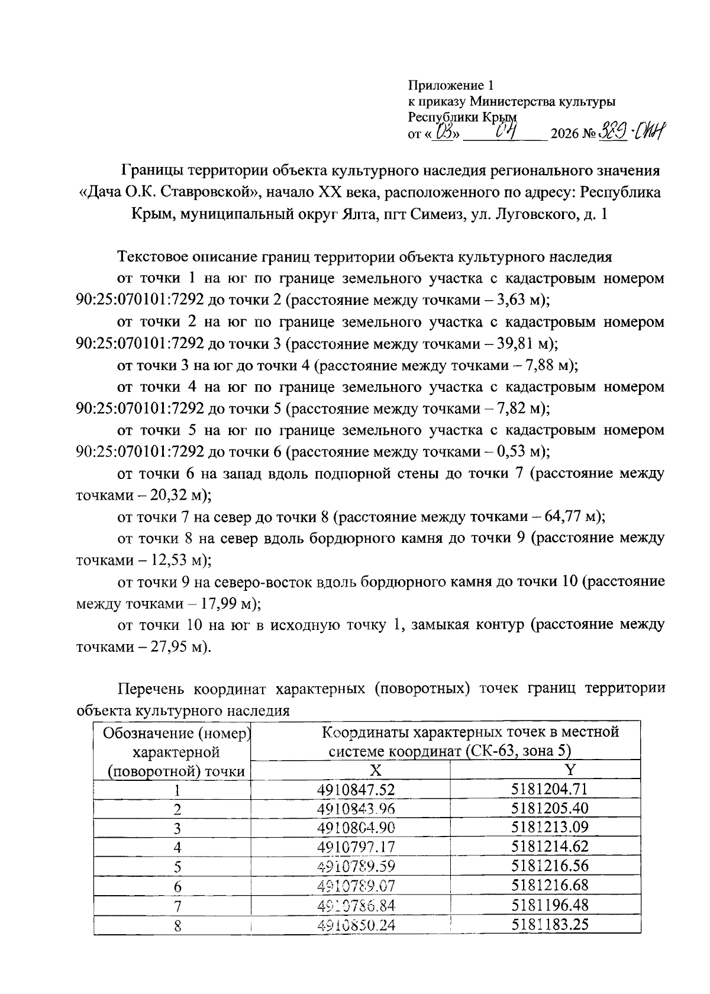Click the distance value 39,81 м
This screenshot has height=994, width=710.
pos(522,344)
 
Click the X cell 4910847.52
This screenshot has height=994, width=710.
pos(356,790)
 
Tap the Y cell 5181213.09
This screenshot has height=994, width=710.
pos(550,828)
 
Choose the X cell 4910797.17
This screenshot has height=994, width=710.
pos(356,847)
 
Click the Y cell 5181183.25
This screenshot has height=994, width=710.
pos(550,924)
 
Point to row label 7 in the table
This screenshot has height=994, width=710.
pos(177,906)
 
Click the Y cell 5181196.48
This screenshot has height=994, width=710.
pos(550,905)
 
